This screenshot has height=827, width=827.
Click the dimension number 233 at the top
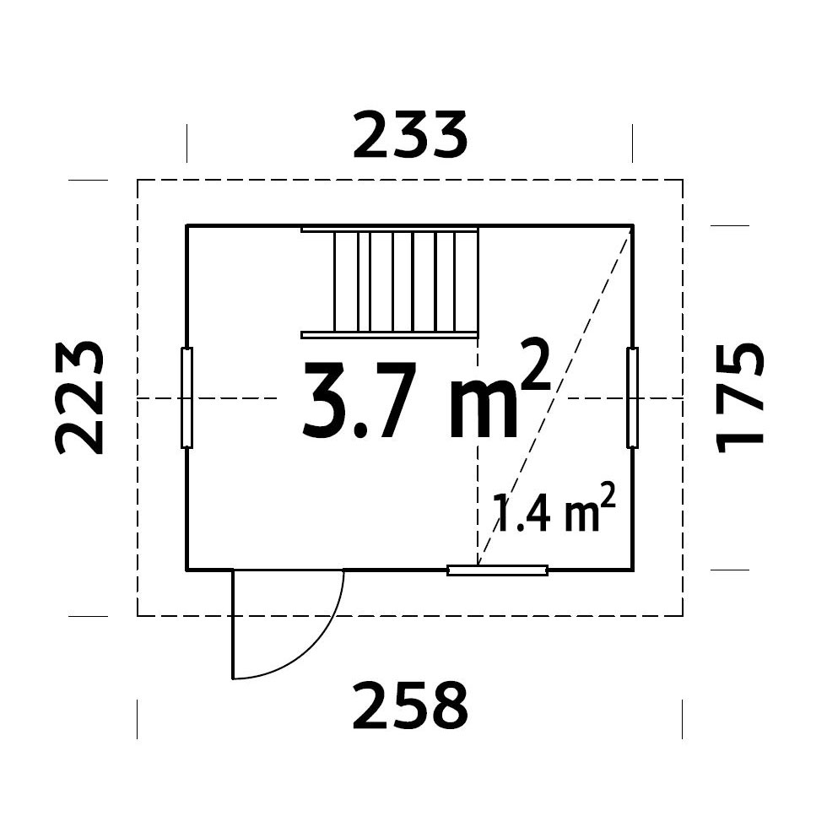pyautogui.click(x=410, y=134)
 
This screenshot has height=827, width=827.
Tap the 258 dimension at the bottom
pyautogui.click(x=410, y=705)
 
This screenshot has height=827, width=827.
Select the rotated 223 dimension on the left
pyautogui.click(x=79, y=397)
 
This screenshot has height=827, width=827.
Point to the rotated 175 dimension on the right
pyautogui.click(x=739, y=397)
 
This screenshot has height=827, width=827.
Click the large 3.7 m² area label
pyautogui.click(x=426, y=390)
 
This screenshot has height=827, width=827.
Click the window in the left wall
pyautogui.click(x=186, y=397)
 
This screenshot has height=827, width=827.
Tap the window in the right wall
pyautogui.click(x=632, y=397)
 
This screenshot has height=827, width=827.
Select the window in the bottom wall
pyautogui.click(x=497, y=570)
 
